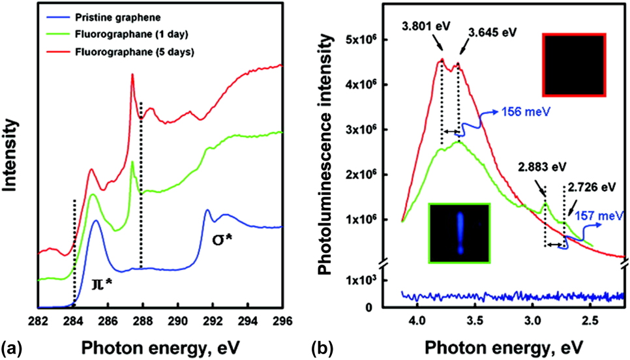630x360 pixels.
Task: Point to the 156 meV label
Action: (520, 112)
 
